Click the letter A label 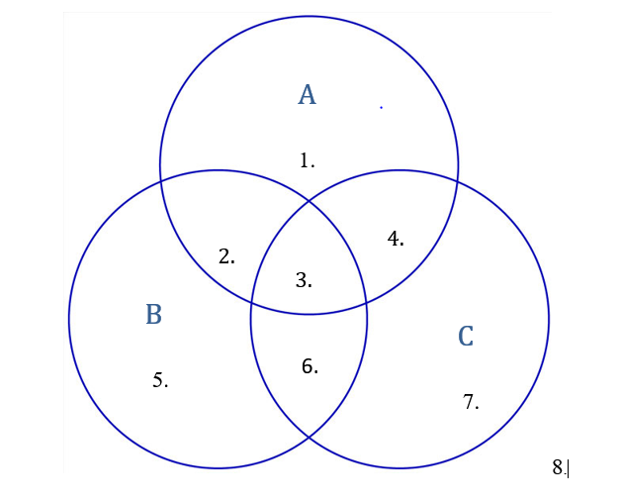pyautogui.click(x=307, y=95)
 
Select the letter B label pyautogui.click(x=153, y=315)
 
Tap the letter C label pyautogui.click(x=466, y=337)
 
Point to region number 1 pyautogui.click(x=307, y=160)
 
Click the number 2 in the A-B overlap pyautogui.click(x=226, y=256)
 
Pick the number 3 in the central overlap pyautogui.click(x=304, y=280)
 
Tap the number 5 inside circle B pyautogui.click(x=160, y=380)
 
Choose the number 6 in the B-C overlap pyautogui.click(x=310, y=366)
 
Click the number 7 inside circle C pyautogui.click(x=471, y=402)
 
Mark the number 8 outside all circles pyautogui.click(x=558, y=467)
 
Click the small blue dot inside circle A pyautogui.click(x=381, y=107)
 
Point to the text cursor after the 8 pyautogui.click(x=569, y=468)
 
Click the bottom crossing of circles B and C pyautogui.click(x=309, y=438)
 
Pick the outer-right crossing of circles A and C pyautogui.click(x=457, y=178)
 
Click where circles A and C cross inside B pyautogui.click(x=251, y=303)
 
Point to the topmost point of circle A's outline pyautogui.click(x=309, y=17)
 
